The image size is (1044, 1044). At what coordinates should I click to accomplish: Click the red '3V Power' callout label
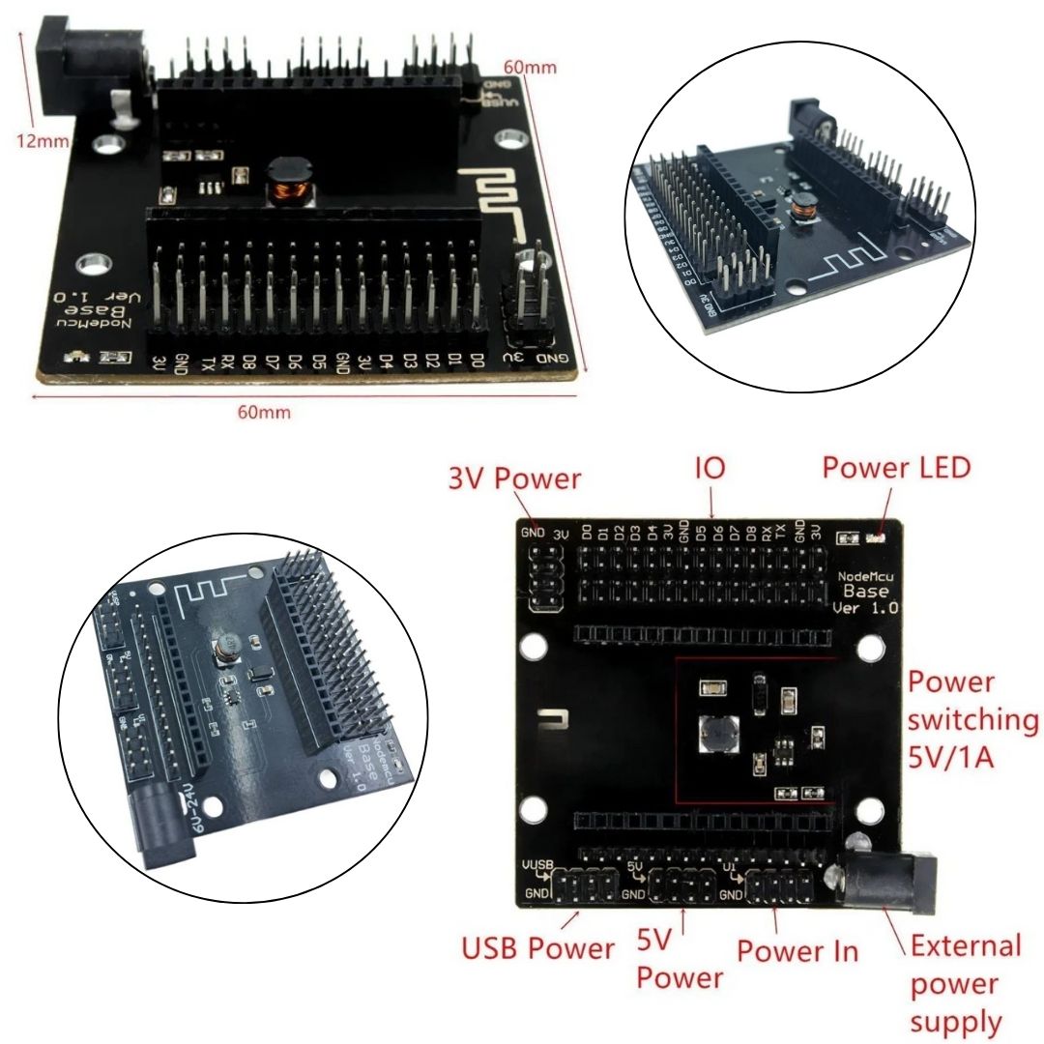(513, 478)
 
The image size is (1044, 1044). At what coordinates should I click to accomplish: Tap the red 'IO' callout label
(710, 470)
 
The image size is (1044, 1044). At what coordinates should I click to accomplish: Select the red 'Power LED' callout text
(895, 468)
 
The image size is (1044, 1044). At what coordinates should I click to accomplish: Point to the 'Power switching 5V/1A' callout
(971, 720)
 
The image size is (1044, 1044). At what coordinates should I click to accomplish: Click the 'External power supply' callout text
(965, 983)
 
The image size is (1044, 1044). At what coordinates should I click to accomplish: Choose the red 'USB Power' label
(537, 948)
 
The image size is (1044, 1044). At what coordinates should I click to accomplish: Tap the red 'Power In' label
(797, 950)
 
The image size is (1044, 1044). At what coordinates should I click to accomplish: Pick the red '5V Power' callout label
(680, 962)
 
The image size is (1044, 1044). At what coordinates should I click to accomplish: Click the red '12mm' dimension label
(43, 141)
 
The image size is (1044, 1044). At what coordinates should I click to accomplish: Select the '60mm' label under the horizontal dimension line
(264, 413)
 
